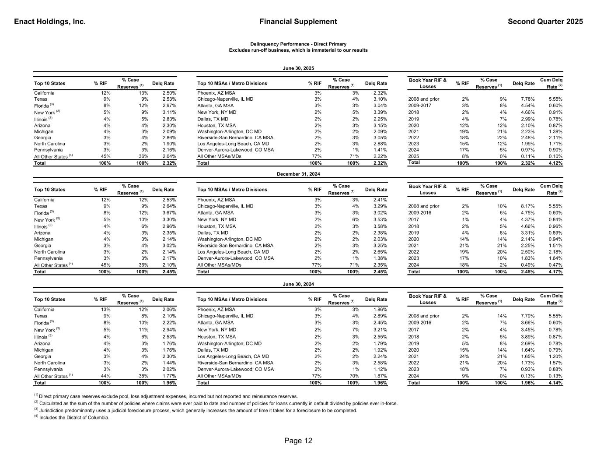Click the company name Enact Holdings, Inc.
[50, 21]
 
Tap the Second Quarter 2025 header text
[545, 21]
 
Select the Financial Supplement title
[298, 21]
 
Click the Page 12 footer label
[298, 441]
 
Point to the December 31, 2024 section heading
[298, 174]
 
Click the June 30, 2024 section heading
[298, 284]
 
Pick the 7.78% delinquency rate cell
[527, 99]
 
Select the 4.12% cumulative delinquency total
[555, 163]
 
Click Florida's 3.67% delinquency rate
[169, 213]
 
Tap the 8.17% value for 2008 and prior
[527, 206]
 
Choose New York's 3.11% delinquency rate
[169, 112]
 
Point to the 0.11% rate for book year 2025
[527, 156]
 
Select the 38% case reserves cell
[143, 376]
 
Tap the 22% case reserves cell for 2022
[501, 138]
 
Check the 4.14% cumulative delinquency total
[555, 383]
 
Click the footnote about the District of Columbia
[72, 417]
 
